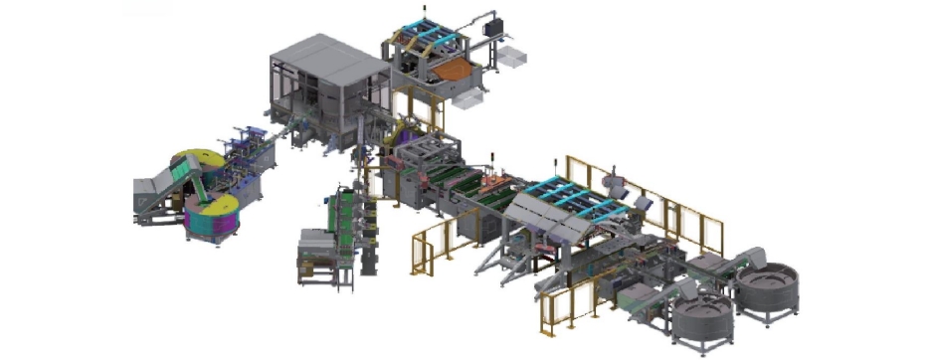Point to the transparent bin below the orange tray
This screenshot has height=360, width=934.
point(468,98)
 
